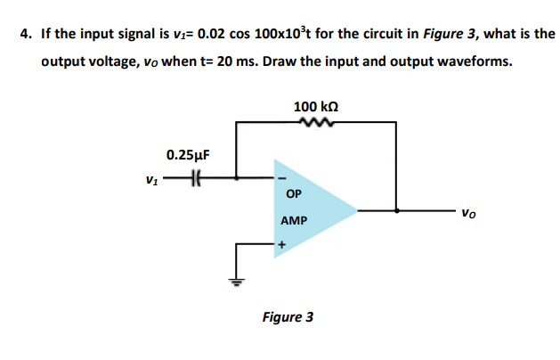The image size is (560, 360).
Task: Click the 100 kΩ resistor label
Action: [315, 107]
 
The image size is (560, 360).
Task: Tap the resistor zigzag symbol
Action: [315, 124]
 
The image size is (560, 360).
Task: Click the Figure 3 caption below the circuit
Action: [287, 316]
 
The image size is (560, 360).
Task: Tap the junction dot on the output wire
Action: [396, 211]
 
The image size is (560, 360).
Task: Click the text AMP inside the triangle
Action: [293, 219]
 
